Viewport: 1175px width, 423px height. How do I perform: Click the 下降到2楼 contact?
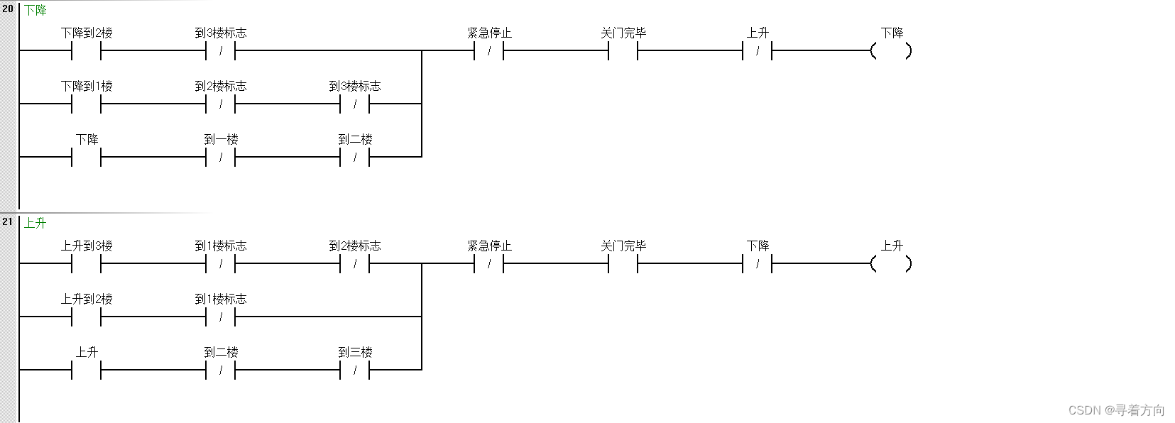pos(87,50)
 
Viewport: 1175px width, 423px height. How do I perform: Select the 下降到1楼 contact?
pos(87,104)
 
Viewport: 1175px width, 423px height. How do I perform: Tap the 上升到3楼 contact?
pos(87,263)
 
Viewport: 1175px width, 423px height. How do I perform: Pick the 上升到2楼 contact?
pos(87,317)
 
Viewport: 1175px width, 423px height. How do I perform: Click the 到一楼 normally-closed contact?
pos(221,157)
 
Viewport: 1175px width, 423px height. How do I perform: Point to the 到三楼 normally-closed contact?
pos(355,370)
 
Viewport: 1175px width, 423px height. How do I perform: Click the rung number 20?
pos(8,9)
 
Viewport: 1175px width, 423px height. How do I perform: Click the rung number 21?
pos(8,221)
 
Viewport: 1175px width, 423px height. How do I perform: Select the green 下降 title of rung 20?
pos(35,11)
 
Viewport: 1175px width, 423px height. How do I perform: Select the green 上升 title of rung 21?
pos(35,223)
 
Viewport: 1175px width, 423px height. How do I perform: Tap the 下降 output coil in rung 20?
pos(891,50)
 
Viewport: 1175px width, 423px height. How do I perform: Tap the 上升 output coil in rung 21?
pos(891,263)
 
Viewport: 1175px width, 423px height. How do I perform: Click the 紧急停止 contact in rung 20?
pos(489,50)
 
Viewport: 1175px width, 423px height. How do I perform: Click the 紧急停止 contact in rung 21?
pos(489,263)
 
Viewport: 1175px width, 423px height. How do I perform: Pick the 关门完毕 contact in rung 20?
pos(623,50)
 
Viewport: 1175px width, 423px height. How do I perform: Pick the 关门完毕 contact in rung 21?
pos(623,263)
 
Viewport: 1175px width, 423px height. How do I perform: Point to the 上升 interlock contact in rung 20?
pos(758,50)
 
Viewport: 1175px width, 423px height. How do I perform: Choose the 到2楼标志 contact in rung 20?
pos(221,104)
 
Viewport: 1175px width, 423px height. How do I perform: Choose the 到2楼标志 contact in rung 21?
pos(355,263)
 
